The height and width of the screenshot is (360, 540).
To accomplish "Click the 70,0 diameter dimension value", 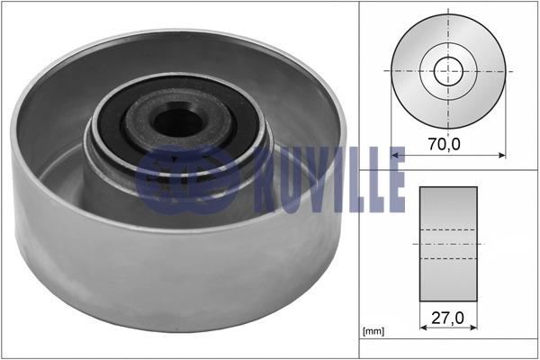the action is coord(445,144).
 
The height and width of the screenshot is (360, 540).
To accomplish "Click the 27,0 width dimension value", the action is coord(447,318).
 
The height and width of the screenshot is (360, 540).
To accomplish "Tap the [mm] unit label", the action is coord(373,331).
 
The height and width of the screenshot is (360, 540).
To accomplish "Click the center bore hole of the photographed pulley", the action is coord(177,123).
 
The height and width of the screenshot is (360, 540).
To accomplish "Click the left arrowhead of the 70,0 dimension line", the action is coord(395,156).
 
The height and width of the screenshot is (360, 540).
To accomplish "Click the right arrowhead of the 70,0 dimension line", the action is coord(502,156).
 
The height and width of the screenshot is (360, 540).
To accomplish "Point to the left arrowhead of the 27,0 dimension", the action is coord(424,328).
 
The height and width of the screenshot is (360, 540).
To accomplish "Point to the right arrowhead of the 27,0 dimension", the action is coord(473,328).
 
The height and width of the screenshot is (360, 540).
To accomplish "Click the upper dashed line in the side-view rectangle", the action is coord(448,229).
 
